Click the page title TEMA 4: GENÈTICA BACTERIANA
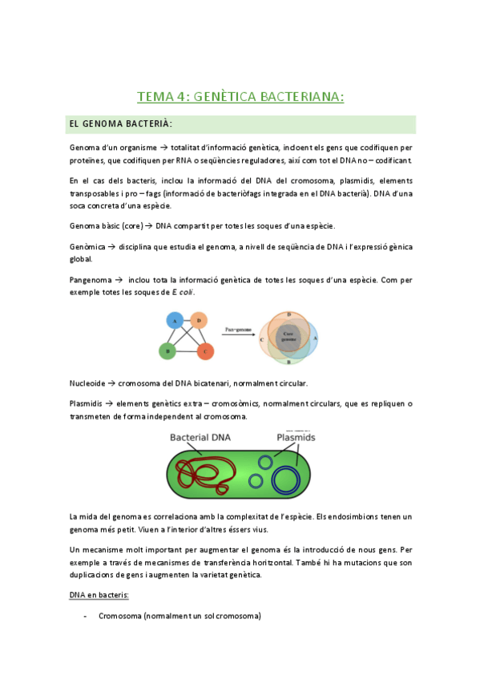[x=240, y=97]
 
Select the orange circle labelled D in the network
[x=199, y=321]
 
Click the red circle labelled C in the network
[x=204, y=350]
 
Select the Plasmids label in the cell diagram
[x=296, y=438]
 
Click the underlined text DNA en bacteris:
[x=100, y=597]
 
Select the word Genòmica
[x=87, y=246]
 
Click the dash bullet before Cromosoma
[x=85, y=617]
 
